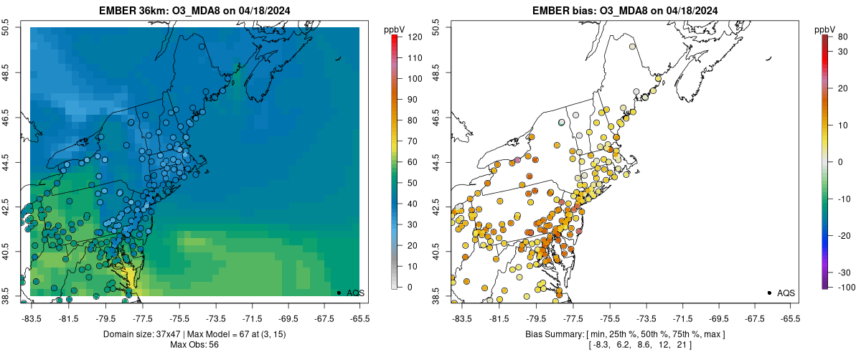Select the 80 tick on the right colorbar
click(844, 36)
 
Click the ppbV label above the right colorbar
click(825, 29)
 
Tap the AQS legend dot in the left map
click(339, 293)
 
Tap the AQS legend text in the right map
click(786, 293)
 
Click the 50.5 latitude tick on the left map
click(6, 28)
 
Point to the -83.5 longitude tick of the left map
click(32, 318)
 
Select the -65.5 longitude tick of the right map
click(790, 318)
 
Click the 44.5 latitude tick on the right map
click(437, 162)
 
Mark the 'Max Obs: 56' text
click(194, 345)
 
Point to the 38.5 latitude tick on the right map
click(437, 296)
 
